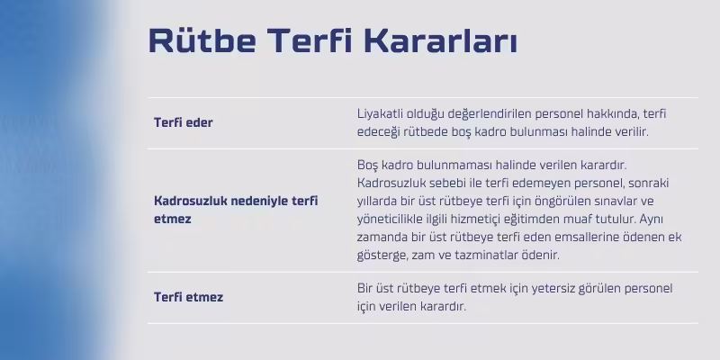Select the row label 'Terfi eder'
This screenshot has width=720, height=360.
coord(183,122)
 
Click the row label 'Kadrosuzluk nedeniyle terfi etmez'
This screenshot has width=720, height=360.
coord(236,201)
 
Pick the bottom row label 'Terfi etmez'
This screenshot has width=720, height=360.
coord(188,297)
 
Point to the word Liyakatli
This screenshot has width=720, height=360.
coord(382,113)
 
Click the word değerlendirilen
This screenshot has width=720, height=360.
coord(494,113)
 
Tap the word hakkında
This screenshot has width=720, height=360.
coord(612,113)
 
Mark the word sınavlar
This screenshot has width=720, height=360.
coord(611,201)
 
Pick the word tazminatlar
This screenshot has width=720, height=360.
coord(496,255)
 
